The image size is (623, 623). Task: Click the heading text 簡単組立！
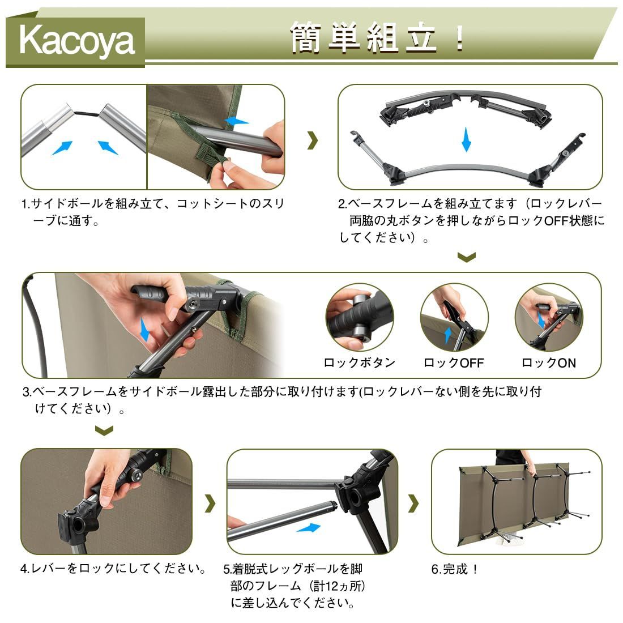coord(378,39)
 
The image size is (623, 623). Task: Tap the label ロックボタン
coord(359,363)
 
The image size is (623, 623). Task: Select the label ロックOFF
coord(454,363)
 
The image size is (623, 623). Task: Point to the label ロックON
coord(548,363)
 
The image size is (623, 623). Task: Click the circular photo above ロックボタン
coord(359,318)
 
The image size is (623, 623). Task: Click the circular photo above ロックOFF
coord(454,318)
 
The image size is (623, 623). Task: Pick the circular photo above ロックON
coord(548,318)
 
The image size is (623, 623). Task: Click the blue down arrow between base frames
coord(466,139)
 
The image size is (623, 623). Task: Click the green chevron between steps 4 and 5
coord(210,502)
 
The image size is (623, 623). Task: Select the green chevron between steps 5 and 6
coord(414,502)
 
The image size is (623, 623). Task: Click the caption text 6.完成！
coord(455,569)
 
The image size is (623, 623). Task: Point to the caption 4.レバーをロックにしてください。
coord(114,568)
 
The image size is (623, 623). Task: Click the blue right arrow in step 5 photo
coord(308,528)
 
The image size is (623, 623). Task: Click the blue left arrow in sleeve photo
coord(236,121)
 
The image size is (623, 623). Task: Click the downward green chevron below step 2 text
coord(466,258)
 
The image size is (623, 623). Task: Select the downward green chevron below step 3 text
coord(104,431)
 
